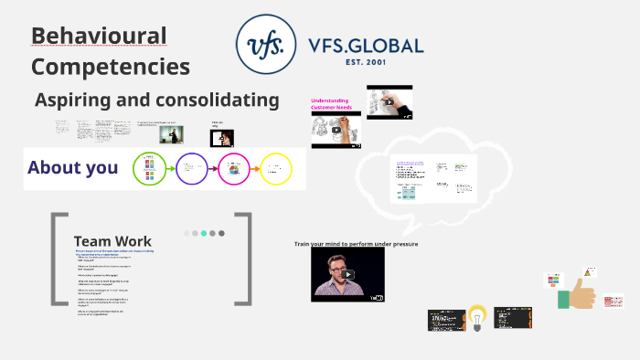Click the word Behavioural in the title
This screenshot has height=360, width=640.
99,37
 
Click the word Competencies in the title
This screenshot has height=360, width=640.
111,67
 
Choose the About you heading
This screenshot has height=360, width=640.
73,167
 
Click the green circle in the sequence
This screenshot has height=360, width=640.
149,168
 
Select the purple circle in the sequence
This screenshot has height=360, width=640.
192,168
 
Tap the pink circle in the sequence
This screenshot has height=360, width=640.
233,168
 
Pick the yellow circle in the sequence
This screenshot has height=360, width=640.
275,168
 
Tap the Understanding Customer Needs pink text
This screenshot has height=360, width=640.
336,106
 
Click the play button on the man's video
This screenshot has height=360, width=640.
348,274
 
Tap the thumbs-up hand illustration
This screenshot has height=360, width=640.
581,294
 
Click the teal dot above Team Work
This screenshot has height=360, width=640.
204,233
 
